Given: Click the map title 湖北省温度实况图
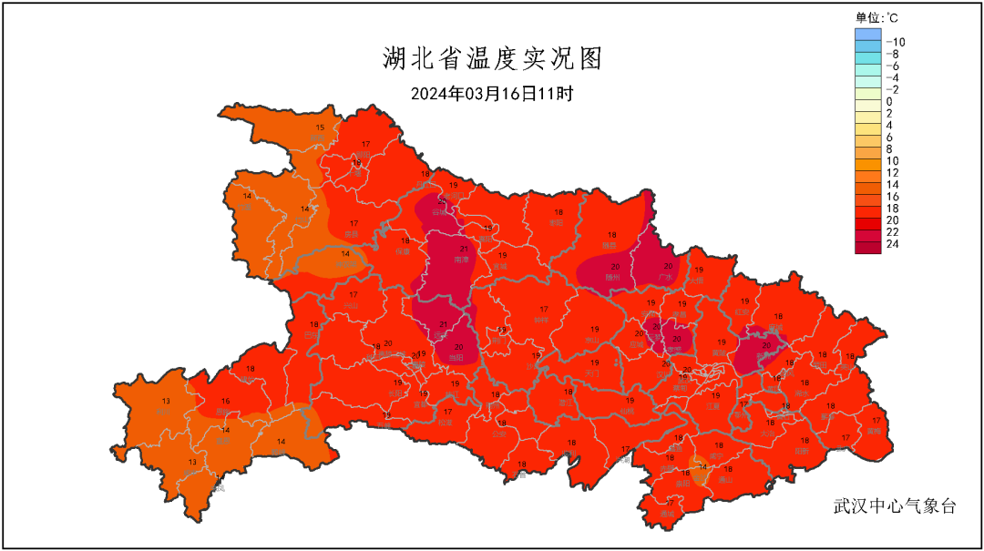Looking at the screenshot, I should coord(491,59).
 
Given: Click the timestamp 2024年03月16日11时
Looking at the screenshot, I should coord(491,94).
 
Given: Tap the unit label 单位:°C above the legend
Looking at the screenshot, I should coord(877,17).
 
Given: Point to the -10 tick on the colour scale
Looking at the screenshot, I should coord(895,42).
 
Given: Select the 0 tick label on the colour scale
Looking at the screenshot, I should coord(889,101).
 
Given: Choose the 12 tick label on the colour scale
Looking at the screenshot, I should coord(892,172).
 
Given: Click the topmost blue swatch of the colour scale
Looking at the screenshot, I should coord(867,35).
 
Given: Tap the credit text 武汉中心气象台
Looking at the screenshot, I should coord(895,506).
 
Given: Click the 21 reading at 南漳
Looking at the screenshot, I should coord(464,249).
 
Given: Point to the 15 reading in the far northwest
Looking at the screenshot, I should coord(320,128).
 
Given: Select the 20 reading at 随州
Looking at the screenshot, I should coord(615,267).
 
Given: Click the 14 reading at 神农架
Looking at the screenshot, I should coord(345,254).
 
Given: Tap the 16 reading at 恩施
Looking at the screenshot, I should coord(225,401).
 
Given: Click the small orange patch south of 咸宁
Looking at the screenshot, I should coord(700,473).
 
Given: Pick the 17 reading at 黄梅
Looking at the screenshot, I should coord(876,420).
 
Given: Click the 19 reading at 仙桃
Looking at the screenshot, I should coord(630,401).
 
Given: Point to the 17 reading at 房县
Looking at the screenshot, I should coord(354,223).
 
